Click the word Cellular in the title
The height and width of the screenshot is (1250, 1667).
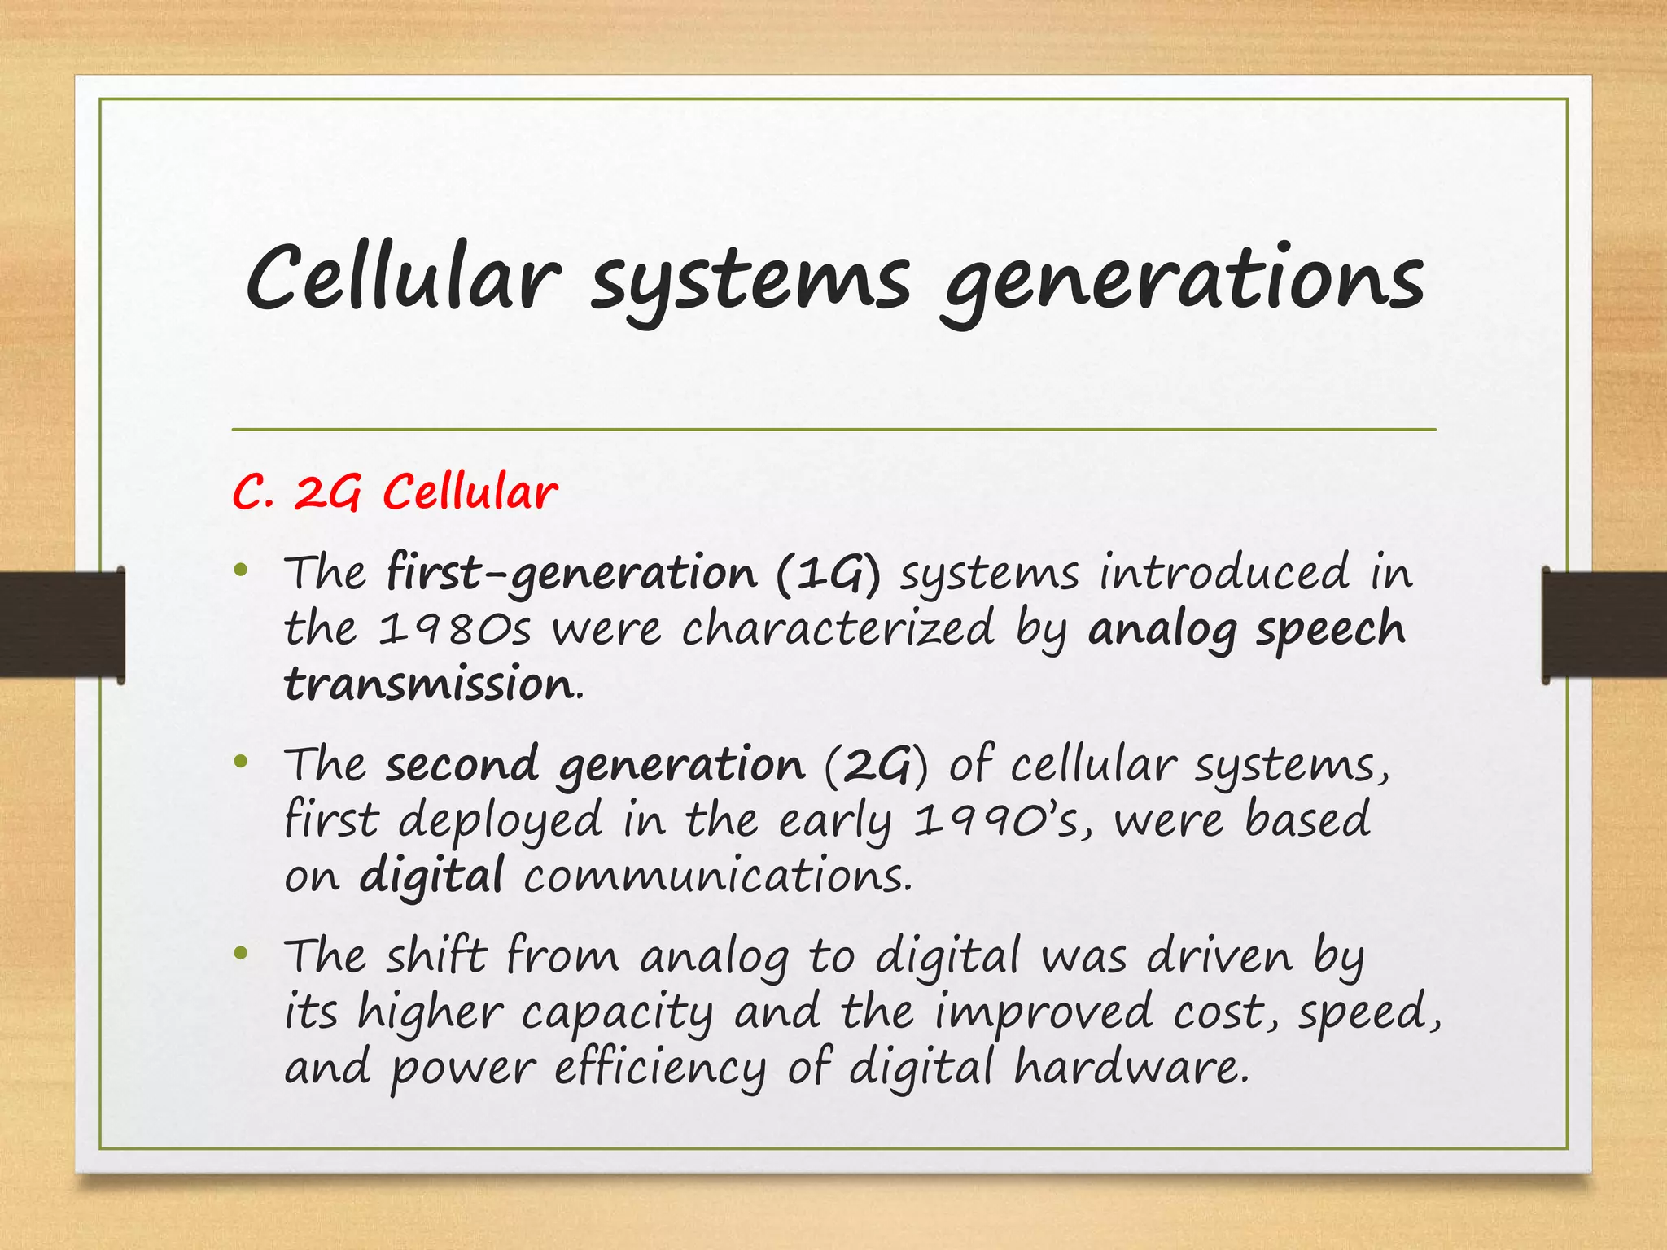(x=403, y=277)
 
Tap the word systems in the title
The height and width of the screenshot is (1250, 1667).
(x=750, y=281)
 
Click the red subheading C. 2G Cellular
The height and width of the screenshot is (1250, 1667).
(x=395, y=492)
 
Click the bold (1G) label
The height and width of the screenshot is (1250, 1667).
(x=828, y=574)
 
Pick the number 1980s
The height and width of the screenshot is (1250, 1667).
(x=455, y=629)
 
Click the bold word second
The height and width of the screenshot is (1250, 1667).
(x=462, y=765)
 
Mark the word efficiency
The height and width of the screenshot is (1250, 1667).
(x=660, y=1068)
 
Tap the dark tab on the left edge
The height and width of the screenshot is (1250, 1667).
(x=62, y=624)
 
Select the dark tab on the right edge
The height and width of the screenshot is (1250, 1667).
(x=1604, y=624)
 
